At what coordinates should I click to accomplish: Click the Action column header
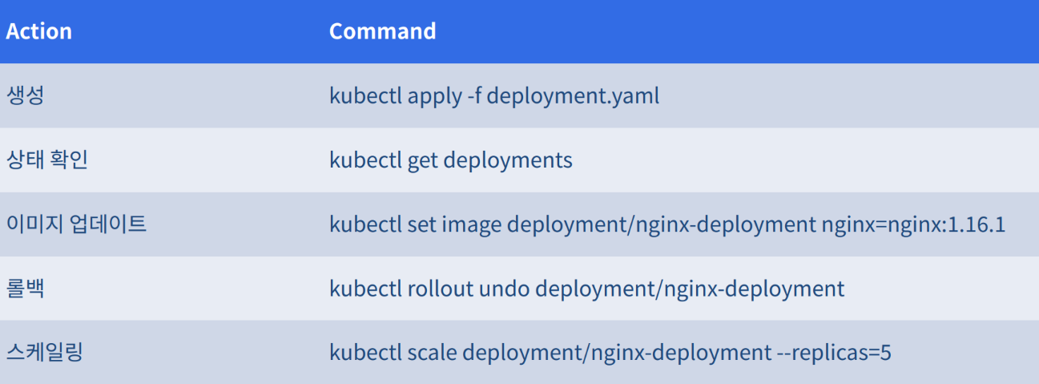(39, 31)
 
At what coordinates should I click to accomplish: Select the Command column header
(383, 31)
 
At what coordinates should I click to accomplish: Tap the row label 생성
(26, 95)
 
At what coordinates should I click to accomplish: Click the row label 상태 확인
(46, 160)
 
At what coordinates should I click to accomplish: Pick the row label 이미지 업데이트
(77, 224)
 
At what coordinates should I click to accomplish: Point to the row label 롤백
(26, 288)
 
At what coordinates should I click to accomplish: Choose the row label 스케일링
(45, 352)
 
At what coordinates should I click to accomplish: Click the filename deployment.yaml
(573, 96)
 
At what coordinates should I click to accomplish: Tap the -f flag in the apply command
(474, 95)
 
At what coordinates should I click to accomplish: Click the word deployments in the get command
(508, 160)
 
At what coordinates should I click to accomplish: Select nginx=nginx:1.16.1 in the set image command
(913, 225)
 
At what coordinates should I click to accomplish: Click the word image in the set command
(472, 225)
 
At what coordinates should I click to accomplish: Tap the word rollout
(441, 289)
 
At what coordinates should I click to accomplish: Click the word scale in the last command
(433, 353)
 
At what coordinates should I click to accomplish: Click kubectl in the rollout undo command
(365, 289)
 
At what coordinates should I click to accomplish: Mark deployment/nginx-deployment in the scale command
(617, 354)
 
